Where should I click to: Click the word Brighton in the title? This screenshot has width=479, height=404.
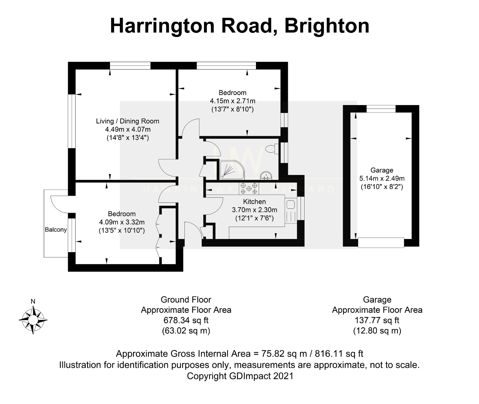click(327, 26)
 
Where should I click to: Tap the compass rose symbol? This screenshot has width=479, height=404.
click(33, 320)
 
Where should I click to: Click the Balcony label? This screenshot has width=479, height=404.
click(56, 230)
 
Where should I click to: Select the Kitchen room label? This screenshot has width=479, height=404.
click(254, 202)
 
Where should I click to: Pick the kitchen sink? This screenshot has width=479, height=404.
click(290, 204)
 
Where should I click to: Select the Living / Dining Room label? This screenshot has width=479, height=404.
click(128, 121)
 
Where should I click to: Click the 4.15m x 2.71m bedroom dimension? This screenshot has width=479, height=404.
click(232, 101)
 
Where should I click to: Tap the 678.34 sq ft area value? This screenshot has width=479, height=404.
click(186, 320)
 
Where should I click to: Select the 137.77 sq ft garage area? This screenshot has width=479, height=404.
click(377, 320)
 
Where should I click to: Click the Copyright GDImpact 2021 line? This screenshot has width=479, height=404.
click(240, 376)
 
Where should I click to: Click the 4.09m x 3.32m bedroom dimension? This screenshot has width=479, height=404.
click(122, 222)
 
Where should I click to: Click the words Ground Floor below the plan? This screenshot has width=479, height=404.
click(186, 300)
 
